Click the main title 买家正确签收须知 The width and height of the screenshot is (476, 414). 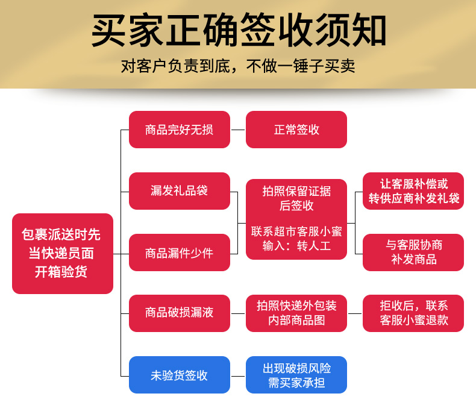[239, 30]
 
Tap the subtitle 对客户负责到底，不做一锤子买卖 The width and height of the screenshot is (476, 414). [238, 66]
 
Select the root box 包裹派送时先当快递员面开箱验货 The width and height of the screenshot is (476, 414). [63, 254]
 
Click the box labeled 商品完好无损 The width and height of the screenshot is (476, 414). [180, 130]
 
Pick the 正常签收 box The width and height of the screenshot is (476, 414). [296, 130]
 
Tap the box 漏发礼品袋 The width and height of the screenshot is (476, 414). [180, 191]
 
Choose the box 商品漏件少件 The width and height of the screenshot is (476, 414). [180, 252]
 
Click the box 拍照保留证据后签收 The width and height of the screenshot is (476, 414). [296, 219]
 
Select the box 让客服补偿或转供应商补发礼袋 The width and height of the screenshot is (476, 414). [413, 191]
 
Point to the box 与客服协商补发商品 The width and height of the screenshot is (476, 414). [413, 252]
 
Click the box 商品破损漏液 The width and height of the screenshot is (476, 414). [180, 313]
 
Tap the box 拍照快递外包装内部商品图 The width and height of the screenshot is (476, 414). [296, 313]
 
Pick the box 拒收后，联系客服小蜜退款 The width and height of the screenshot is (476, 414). [413, 313]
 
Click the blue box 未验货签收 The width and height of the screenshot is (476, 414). [180, 375]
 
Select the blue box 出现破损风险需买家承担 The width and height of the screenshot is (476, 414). [296, 375]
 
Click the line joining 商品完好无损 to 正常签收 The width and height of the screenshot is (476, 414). [238, 130]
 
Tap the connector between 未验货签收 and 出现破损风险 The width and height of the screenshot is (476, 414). [238, 377]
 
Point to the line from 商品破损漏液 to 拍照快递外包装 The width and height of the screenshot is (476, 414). [238, 313]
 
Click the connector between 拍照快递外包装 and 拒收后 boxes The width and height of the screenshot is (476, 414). [355, 313]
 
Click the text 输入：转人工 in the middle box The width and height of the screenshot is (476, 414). [296, 245]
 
